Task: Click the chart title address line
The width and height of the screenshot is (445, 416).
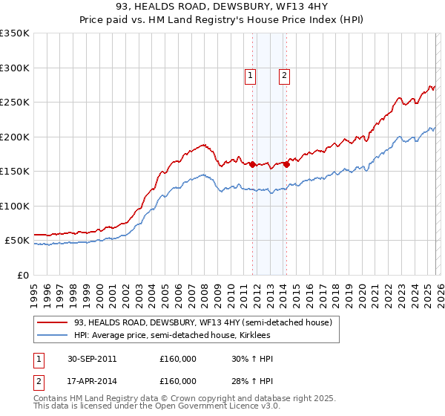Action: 222,8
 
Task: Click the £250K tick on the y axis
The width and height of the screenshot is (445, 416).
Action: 15,103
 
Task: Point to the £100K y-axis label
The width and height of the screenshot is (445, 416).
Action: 15,206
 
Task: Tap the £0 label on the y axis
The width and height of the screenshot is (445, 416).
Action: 22,275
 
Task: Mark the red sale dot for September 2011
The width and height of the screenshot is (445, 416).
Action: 253,164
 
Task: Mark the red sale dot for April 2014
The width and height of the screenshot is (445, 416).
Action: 286,164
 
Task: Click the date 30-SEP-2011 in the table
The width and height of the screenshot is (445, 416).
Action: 91,359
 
